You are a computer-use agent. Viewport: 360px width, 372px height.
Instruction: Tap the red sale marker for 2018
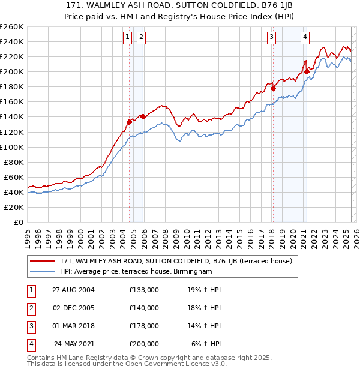click(273, 88)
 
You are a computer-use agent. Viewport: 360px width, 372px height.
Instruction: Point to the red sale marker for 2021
click(307, 71)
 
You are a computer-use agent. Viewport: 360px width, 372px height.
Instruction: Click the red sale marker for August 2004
click(129, 122)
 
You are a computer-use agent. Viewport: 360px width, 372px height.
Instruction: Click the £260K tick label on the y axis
click(12, 27)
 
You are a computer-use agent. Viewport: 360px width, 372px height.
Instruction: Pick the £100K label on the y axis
click(12, 147)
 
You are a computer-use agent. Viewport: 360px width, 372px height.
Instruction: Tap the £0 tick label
click(19, 222)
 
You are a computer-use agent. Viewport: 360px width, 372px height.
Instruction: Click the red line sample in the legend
click(43, 261)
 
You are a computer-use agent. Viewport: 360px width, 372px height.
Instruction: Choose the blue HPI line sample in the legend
click(43, 272)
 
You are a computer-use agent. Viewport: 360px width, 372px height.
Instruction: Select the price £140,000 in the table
click(144, 308)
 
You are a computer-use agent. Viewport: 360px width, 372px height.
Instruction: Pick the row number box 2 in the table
click(30, 308)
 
